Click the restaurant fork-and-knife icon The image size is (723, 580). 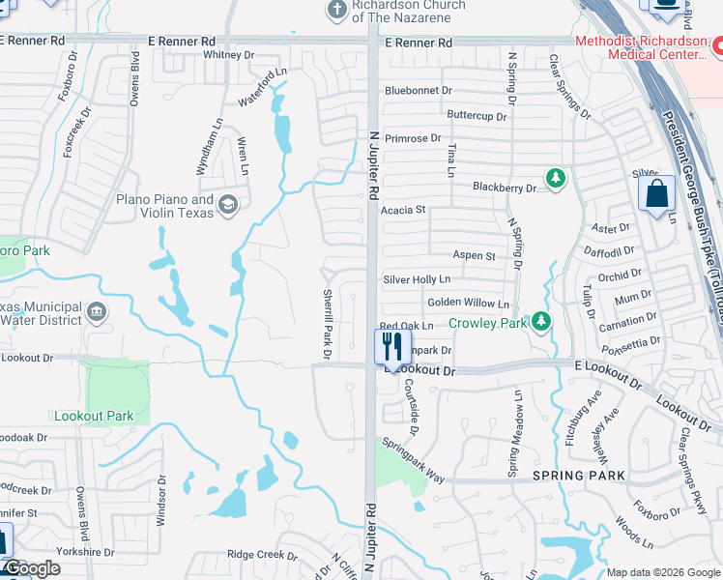392,346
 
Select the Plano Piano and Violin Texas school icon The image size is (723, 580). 228,203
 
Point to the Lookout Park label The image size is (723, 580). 94,416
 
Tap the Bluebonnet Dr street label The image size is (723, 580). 419,90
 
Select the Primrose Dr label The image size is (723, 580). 413,138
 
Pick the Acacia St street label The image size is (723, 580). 403,210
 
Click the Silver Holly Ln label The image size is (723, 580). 417,279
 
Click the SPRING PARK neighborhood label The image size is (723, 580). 579,477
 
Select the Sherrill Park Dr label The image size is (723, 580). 327,325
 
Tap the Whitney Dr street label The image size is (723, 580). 228,55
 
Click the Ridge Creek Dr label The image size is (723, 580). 262,555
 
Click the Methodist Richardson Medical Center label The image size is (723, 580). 641,48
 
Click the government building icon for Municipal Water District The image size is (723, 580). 97,311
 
